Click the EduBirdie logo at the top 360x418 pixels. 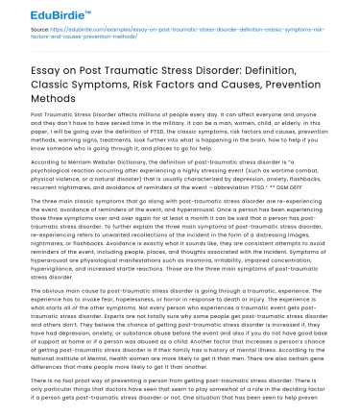click(x=45, y=13)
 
